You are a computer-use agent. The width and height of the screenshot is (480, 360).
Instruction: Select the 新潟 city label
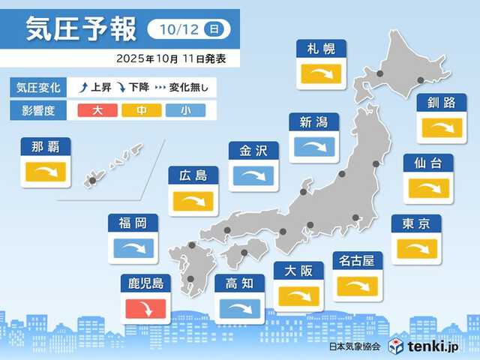tap(313, 122)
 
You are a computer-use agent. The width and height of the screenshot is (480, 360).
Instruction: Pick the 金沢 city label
tap(253, 151)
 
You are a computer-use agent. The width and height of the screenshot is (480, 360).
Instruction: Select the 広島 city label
tap(193, 176)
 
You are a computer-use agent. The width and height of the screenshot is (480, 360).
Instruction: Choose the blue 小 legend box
tap(182, 111)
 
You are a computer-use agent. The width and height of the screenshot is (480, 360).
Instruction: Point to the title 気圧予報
tap(81, 29)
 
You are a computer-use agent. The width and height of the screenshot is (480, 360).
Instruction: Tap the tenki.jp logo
tap(427, 346)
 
